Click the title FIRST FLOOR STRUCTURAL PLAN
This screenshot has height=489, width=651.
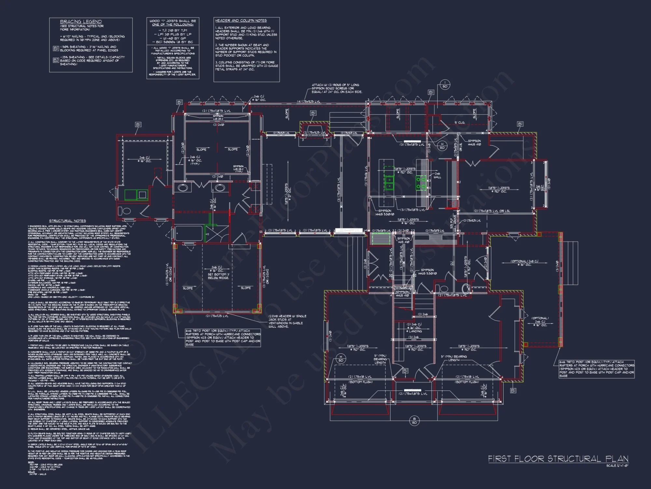[558, 459]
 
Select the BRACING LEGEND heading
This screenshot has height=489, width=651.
[81, 22]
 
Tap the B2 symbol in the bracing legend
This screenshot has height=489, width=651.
[56, 60]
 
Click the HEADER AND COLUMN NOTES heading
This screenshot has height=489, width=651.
[241, 21]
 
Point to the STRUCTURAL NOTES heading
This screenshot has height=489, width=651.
[67, 221]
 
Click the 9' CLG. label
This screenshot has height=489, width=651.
[460, 123]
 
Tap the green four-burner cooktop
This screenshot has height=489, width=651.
[421, 183]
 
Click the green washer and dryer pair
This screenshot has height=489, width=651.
[136, 195]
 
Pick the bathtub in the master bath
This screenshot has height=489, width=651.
[184, 233]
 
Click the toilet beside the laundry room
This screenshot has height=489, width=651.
[125, 211]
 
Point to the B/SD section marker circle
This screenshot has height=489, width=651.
[414, 421]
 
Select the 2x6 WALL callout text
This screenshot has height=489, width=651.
[437, 175]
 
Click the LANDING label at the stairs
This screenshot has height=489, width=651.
[415, 331]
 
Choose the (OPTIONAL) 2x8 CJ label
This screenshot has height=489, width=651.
[524, 263]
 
